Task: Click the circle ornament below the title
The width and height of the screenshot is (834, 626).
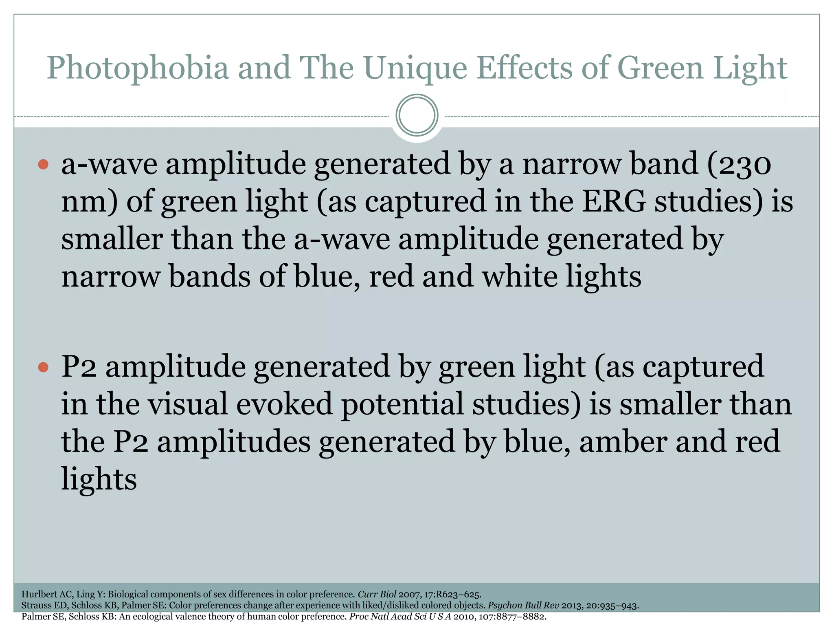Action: (417, 115)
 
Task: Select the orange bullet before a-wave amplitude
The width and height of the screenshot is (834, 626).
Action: (43, 165)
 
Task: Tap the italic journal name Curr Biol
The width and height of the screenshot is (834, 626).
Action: (376, 594)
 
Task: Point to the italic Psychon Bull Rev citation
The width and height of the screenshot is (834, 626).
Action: (523, 606)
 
